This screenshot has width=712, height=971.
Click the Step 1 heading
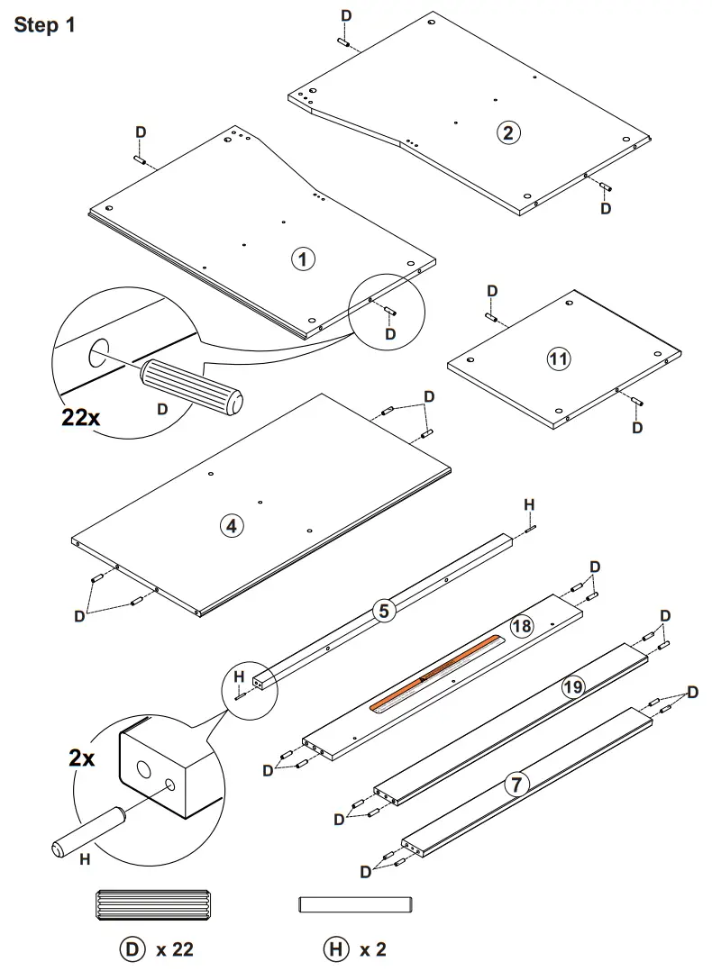click(44, 25)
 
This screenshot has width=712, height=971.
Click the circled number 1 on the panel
click(302, 259)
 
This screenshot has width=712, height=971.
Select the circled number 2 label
click(507, 132)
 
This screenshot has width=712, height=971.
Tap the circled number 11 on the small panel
click(559, 358)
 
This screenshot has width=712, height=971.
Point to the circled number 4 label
click(232, 526)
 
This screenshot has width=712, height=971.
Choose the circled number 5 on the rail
click(384, 612)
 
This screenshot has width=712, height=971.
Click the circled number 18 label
click(521, 626)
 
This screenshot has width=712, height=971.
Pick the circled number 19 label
click(571, 687)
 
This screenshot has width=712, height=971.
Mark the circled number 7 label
click(515, 784)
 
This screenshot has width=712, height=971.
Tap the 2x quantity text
click(82, 758)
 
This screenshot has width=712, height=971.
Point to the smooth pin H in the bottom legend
click(354, 903)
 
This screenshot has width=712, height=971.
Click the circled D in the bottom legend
click(132, 948)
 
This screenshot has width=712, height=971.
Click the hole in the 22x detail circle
click(97, 354)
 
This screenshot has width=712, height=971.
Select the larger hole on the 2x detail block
click(144, 771)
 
